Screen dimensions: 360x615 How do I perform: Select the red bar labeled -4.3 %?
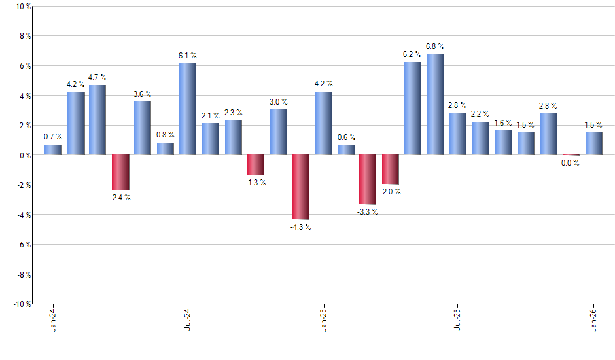pyautogui.click(x=300, y=187)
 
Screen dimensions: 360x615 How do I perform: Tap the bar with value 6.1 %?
pyautogui.click(x=188, y=109)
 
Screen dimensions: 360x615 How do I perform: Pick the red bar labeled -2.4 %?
pyautogui.click(x=120, y=173)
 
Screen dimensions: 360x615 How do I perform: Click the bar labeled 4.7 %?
pyautogui.click(x=97, y=120)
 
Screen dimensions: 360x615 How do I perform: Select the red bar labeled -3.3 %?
pyautogui.click(x=368, y=180)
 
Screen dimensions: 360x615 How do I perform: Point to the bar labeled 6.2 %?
pyautogui.click(x=413, y=109)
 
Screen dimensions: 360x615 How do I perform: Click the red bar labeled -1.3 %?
pyautogui.click(x=255, y=165)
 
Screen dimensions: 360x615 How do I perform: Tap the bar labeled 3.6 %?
pyautogui.click(x=143, y=128)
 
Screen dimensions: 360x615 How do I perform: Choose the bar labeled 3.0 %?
pyautogui.click(x=278, y=132)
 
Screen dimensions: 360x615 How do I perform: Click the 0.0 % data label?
pyautogui.click(x=571, y=164)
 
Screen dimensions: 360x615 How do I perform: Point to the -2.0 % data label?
pyautogui.click(x=391, y=192)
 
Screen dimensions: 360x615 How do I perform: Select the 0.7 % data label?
pyautogui.click(x=53, y=137)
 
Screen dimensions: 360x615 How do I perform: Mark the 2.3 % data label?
pyautogui.click(x=233, y=112)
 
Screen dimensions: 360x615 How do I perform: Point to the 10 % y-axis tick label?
pyautogui.click(x=22, y=7)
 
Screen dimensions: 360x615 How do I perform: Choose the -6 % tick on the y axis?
pyautogui.click(x=22, y=245)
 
